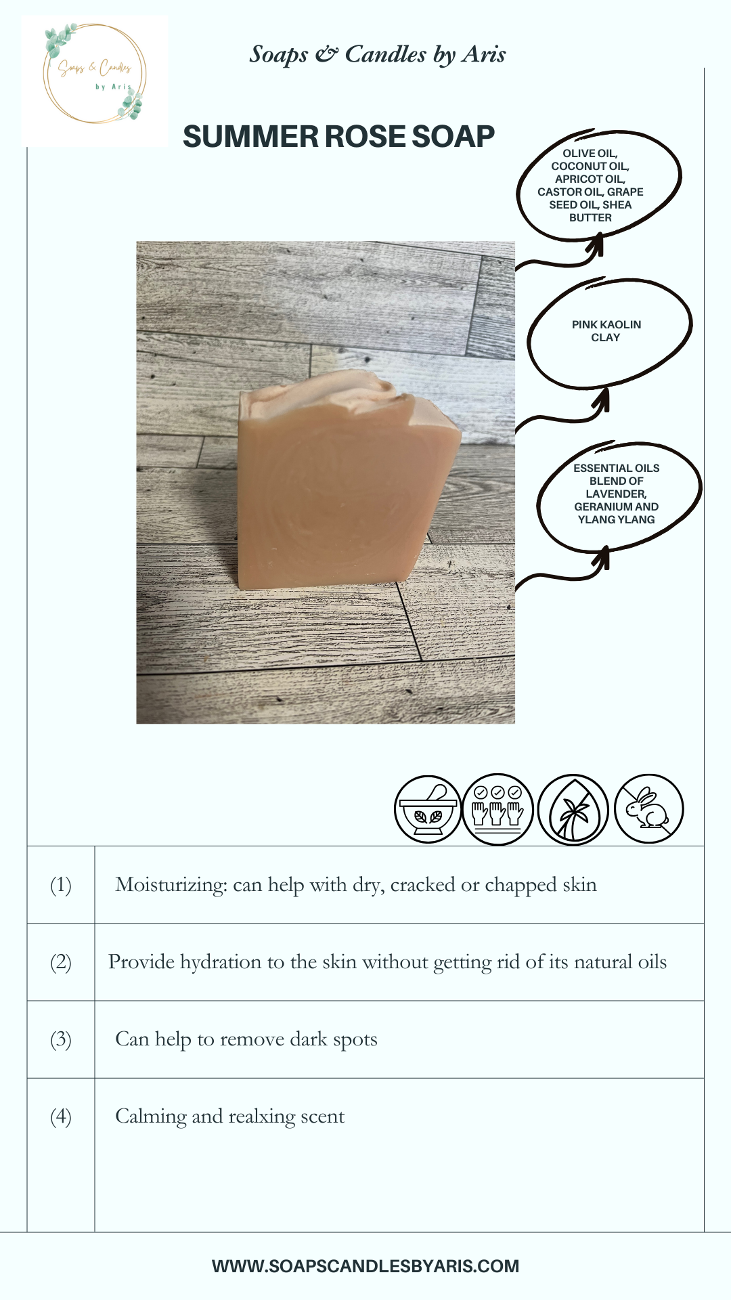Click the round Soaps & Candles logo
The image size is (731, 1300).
[95, 74]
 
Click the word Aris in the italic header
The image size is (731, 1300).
[484, 54]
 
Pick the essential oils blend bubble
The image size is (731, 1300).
[619, 495]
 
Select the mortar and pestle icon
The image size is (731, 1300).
[428, 809]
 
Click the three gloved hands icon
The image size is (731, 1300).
[497, 809]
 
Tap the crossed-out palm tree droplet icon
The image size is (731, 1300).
[573, 809]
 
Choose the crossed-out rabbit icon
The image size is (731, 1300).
[648, 808]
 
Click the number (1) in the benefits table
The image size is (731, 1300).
[61, 885]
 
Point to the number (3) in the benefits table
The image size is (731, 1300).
[61, 1039]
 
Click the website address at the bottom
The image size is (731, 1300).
[365, 1266]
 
